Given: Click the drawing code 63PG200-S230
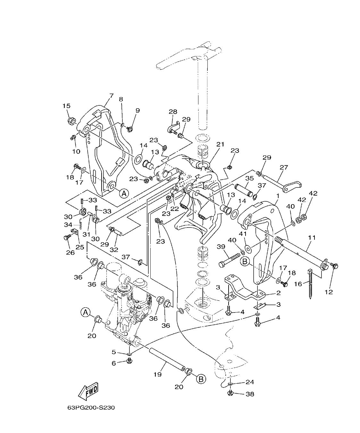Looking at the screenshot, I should point(91,408).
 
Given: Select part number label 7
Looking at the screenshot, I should point(111,96).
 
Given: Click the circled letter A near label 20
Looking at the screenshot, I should point(85,312).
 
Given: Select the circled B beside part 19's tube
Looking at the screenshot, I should point(201,379).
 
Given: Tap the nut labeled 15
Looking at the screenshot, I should point(71,121).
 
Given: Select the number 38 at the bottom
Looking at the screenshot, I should point(250,394).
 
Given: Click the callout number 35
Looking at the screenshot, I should point(249,178).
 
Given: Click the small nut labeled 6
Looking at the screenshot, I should point(130,361).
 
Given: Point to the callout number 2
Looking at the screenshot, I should point(278,293).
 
